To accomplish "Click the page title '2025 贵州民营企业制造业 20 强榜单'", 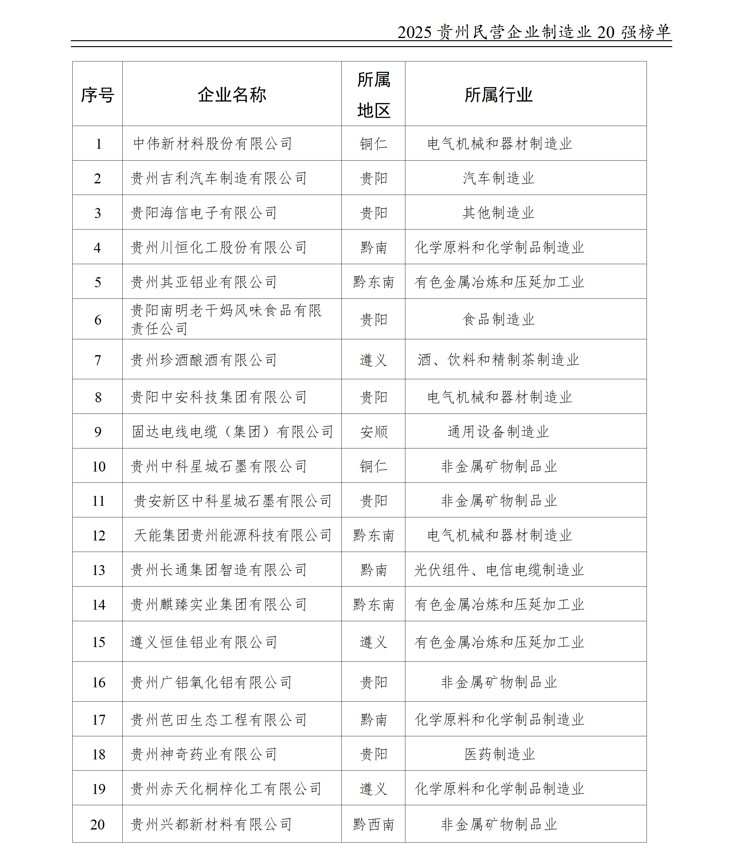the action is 534,32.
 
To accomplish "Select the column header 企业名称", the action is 232,95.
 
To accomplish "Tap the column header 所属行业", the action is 498,95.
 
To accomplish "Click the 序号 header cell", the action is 97,95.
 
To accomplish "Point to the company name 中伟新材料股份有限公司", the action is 213,144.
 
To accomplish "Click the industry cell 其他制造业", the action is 498,213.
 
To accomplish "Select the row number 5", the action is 97,282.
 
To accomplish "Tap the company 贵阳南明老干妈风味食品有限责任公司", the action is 226,319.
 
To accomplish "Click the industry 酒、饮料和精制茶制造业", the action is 498,360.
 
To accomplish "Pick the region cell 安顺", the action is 374,432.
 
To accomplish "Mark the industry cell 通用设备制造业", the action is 498,432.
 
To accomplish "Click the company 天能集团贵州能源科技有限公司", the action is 232,535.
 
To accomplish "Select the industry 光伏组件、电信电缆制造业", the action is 498,570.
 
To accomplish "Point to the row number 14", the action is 98,605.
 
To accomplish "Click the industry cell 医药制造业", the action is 499,754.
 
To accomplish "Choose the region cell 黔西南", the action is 374,825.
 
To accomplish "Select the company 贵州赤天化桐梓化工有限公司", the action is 226,789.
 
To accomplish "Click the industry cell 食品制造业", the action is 498,320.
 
